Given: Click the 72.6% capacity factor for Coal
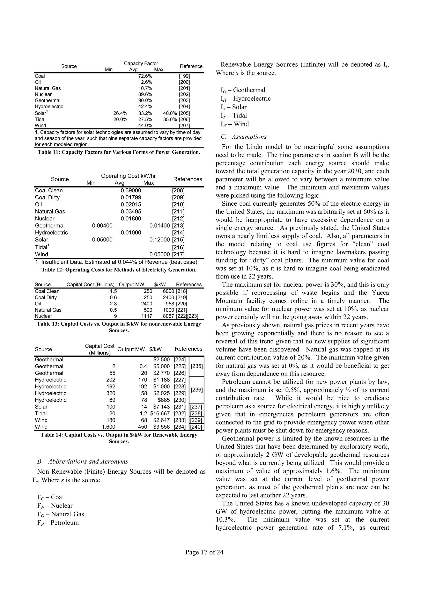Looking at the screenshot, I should tap(145, 76).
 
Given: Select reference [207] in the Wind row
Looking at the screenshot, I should tap(184, 126).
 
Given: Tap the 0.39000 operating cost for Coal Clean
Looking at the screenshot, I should tap(131, 190).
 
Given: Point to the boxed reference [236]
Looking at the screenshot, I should tap(197, 390).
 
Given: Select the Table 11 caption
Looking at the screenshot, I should tap(119, 152).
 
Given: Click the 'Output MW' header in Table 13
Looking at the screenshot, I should tap(131, 284).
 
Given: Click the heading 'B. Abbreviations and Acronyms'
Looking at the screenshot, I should tap(82, 461).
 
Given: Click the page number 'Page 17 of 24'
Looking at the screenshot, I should tap(204, 552).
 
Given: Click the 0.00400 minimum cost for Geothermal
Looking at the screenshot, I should tap(102, 226).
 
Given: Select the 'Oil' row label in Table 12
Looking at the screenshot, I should tap(38, 205).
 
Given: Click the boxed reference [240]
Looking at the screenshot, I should tap(196, 427).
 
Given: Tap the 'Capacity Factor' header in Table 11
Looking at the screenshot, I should tap(141, 64).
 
